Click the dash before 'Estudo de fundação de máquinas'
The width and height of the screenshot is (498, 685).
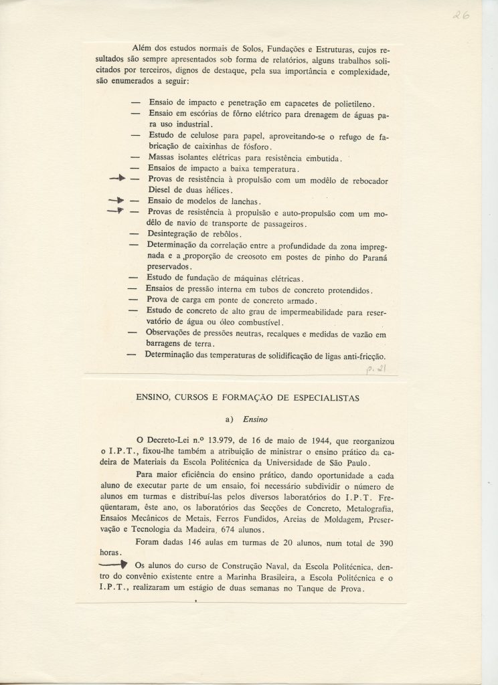click(134, 278)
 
